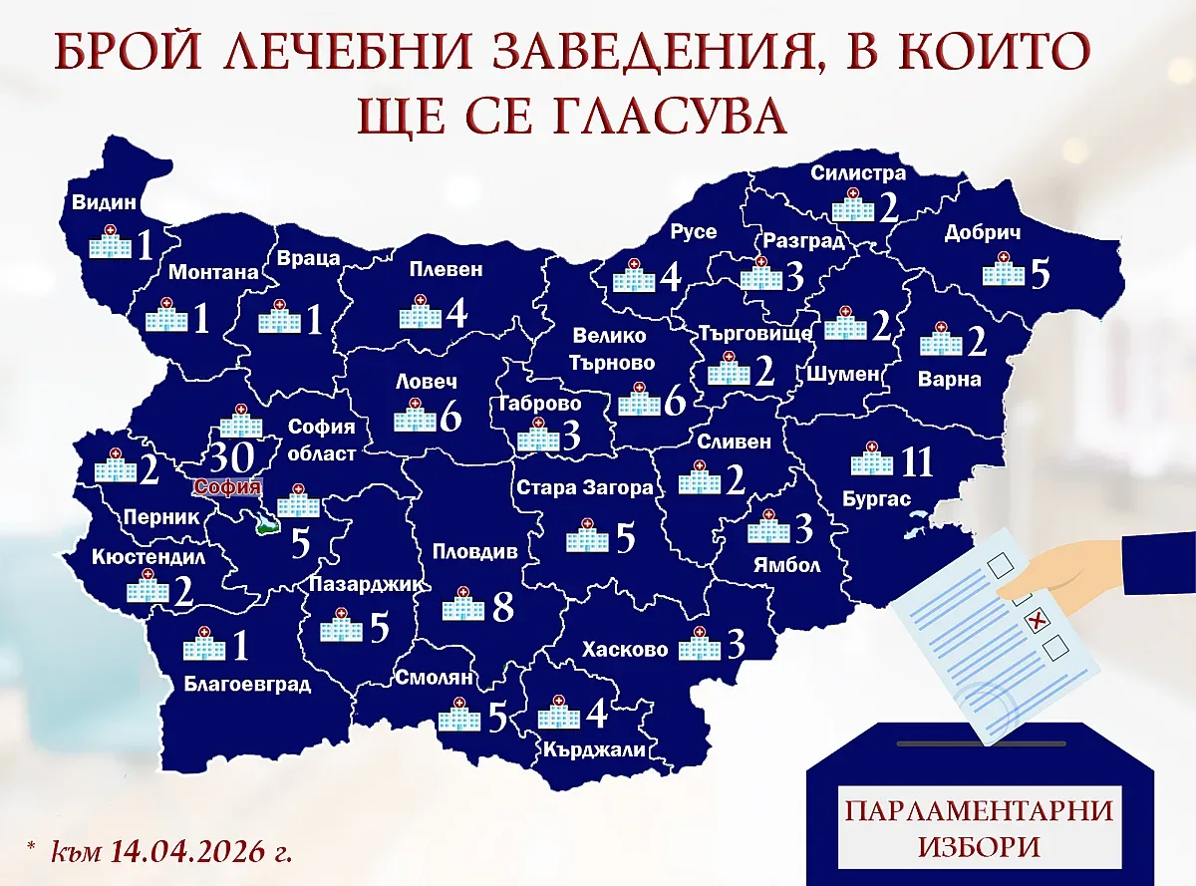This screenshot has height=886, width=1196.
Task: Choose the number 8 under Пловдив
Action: coord(502,605)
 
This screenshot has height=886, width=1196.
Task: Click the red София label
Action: coord(227,487)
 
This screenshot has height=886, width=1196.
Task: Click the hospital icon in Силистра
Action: coord(851,209)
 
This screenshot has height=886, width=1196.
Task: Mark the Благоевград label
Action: coord(247,684)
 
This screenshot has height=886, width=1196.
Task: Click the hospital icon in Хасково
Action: coord(698,645)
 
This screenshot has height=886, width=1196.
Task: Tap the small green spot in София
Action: coord(266,528)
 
